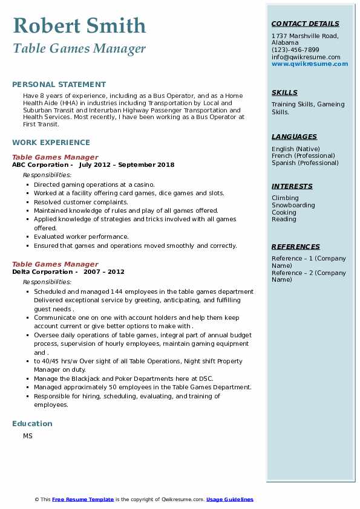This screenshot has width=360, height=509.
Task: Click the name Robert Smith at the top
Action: [79, 26]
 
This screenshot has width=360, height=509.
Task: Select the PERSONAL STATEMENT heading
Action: [59, 85]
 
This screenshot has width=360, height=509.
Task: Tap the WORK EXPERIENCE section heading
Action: [51, 143]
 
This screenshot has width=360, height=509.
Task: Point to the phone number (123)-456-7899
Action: [295, 50]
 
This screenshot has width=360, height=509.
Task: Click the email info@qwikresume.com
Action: [306, 57]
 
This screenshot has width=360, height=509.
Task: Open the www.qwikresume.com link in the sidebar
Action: [310, 63]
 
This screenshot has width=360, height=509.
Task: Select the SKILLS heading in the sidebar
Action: [284, 92]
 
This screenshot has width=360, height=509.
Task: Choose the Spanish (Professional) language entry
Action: [305, 163]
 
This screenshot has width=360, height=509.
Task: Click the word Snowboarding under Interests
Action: [293, 205]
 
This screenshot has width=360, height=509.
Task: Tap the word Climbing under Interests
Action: [285, 198]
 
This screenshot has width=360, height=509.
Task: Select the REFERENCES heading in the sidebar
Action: [296, 247]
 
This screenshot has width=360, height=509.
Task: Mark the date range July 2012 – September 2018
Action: [126, 164]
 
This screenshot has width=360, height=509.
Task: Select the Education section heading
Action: [32, 423]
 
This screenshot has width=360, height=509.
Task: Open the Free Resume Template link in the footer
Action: [83, 499]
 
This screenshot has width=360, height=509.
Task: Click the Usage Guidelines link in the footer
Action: [230, 499]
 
